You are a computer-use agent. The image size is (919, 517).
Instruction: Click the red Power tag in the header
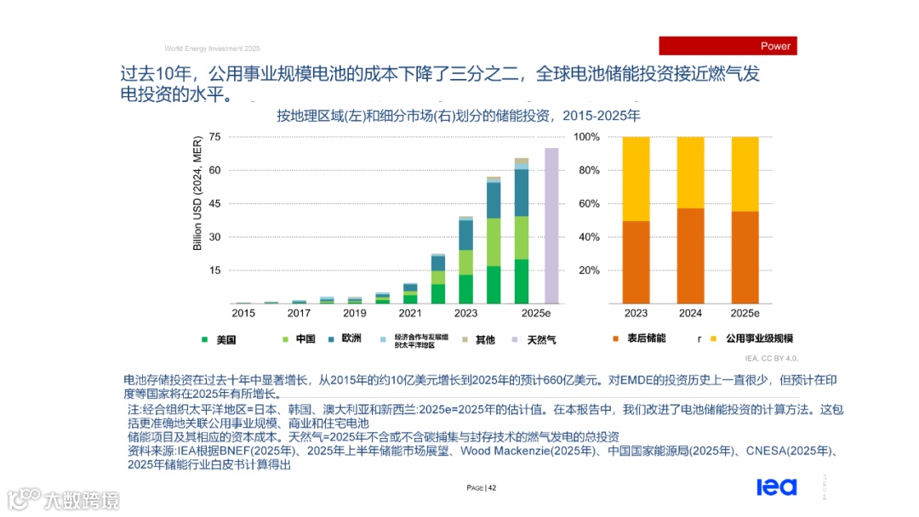coord(728,46)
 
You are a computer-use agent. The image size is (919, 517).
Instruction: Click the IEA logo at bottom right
coord(776,486)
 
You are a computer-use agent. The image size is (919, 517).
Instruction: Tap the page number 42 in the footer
coord(482,488)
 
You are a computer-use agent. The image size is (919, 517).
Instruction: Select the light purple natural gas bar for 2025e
coord(551,225)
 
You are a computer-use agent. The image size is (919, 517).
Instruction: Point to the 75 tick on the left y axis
coord(214,137)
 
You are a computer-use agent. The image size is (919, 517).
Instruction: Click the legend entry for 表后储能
coord(646,338)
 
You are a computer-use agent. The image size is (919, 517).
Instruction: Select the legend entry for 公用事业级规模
coord(758,338)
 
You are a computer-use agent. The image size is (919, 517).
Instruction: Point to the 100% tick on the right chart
coord(586,137)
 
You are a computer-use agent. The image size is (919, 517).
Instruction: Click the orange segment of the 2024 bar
coord(690,256)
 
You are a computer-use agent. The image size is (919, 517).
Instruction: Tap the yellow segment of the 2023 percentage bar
coord(636,179)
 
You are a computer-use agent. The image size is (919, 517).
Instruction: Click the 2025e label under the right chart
coord(745,313)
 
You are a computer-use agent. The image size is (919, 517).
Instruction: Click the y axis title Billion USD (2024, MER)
coord(197,193)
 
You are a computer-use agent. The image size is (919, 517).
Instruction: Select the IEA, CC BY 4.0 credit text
coord(771,358)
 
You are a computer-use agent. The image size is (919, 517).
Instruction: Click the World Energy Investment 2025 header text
coord(212,48)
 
